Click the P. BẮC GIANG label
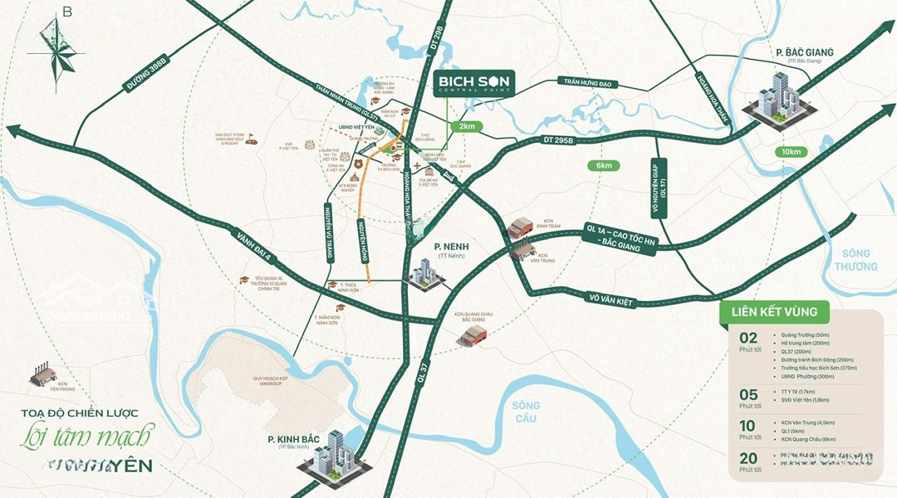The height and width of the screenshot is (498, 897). (x=804, y=53)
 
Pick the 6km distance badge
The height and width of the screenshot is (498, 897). (x=604, y=165)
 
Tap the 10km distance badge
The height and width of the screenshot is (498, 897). (x=792, y=151)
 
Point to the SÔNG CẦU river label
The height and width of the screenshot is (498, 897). (x=526, y=412)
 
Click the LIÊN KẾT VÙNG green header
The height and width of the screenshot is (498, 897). (x=773, y=312)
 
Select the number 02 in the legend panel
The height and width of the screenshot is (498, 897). (x=749, y=339)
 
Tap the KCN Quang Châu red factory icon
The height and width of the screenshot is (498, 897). (x=475, y=334)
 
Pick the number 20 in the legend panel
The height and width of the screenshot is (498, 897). (x=749, y=457)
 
